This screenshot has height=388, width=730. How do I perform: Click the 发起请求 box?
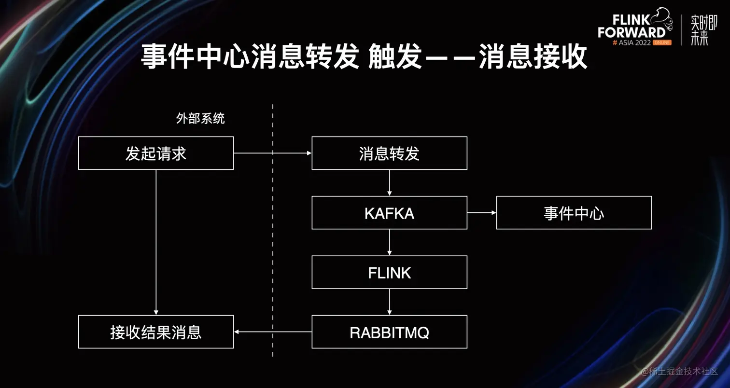pyautogui.click(x=156, y=153)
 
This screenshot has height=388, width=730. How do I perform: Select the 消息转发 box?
pyautogui.click(x=389, y=153)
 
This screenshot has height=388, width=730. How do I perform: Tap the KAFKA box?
pyautogui.click(x=389, y=213)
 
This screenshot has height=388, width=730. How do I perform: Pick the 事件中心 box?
pyautogui.click(x=574, y=213)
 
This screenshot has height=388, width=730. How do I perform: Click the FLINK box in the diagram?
pyautogui.click(x=389, y=272)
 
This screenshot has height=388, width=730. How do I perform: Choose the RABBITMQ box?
pyautogui.click(x=389, y=332)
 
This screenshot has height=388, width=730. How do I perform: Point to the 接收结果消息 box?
pyautogui.click(x=156, y=332)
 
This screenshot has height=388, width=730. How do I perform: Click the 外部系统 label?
pyautogui.click(x=200, y=119)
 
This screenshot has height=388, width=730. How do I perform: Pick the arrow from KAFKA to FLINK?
pyautogui.click(x=389, y=242)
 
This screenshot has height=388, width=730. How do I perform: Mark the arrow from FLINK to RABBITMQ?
pyautogui.click(x=389, y=302)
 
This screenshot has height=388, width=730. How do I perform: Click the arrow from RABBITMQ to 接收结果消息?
pyautogui.click(x=273, y=332)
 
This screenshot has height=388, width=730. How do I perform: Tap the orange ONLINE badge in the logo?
pyautogui.click(x=662, y=42)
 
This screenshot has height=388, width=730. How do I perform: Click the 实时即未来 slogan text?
pyautogui.click(x=704, y=30)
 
